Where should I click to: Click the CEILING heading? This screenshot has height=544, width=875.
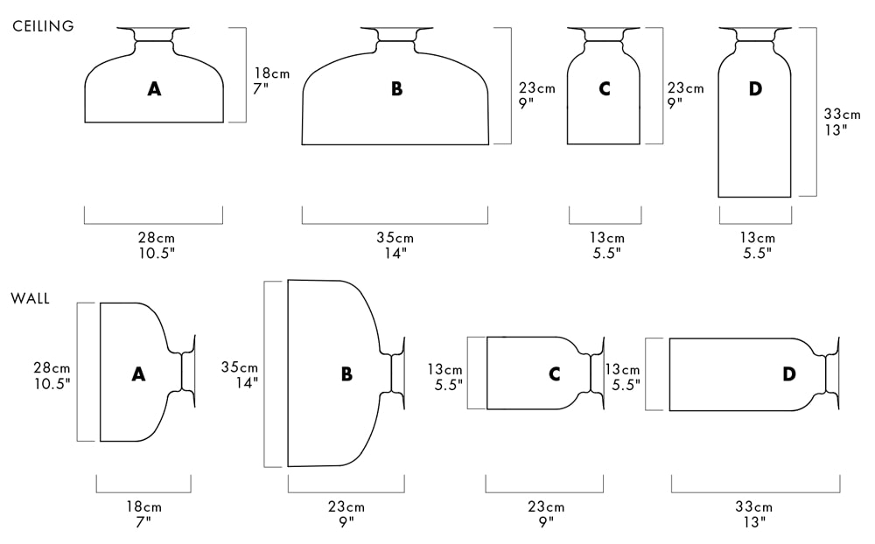[43, 26]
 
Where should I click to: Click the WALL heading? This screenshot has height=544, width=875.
[30, 298]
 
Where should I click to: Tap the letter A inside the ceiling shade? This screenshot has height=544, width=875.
[155, 88]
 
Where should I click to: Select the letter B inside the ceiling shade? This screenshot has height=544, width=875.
[396, 88]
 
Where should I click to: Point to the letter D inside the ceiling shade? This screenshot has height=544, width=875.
[755, 88]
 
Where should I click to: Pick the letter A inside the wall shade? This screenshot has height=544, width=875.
[138, 373]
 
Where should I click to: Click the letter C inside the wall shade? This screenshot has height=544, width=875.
[554, 373]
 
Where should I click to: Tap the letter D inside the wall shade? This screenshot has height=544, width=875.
[789, 373]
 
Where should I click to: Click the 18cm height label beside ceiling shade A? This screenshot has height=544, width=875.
[272, 73]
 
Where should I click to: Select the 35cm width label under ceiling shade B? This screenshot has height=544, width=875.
[395, 238]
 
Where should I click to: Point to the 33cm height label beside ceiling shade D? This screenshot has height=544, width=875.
[843, 115]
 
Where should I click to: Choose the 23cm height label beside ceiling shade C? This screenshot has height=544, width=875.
[686, 88]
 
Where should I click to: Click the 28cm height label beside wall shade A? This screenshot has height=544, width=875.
[52, 368]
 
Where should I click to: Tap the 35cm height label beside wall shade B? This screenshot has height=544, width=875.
[240, 367]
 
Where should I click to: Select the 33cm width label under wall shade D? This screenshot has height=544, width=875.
[754, 506]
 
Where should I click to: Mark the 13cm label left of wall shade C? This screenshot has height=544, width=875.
[444, 369]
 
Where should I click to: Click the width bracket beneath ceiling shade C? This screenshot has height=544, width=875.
[605, 223]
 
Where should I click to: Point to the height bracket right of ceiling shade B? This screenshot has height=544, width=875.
[510, 86]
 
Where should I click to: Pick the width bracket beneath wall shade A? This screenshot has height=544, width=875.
[143, 492]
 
